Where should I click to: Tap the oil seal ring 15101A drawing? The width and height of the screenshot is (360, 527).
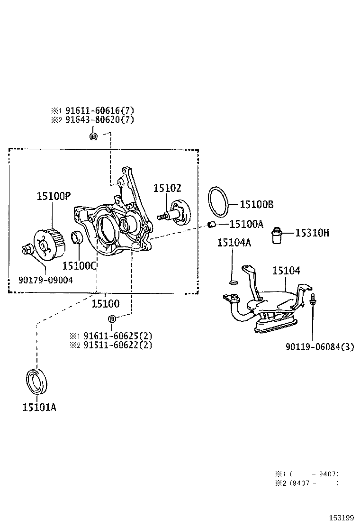[36, 381]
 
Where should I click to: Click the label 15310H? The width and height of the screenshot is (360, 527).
[312, 233]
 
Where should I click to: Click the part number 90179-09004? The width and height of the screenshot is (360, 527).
[45, 280]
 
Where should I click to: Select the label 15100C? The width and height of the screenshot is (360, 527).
[80, 266]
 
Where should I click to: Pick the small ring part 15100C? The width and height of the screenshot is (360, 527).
[78, 237]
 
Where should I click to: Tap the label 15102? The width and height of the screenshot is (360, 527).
[167, 188]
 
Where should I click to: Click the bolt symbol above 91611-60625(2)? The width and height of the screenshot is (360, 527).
[112, 318]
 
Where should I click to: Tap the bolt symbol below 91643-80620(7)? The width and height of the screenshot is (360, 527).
[93, 136]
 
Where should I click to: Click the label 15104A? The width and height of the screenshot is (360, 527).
[234, 243]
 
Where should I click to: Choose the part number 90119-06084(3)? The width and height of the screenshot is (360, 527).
[320, 347]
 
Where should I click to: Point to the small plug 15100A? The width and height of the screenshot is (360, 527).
[213, 224]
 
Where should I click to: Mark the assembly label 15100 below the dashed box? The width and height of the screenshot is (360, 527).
[105, 303]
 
